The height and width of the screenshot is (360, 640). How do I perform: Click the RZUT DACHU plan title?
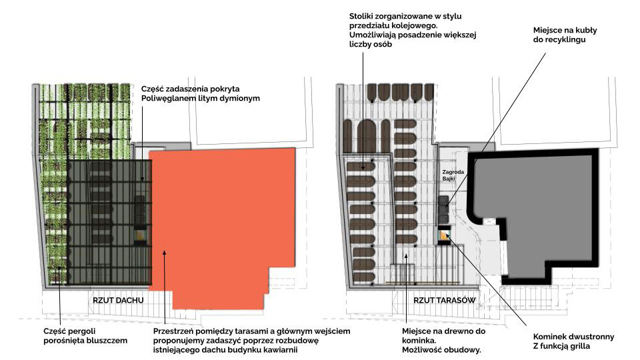(x=118, y=300)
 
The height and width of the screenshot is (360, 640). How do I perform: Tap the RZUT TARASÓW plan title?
(x=445, y=300)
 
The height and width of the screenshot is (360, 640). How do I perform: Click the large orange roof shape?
(x=220, y=220)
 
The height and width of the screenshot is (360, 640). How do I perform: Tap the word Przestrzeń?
(x=176, y=331)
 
